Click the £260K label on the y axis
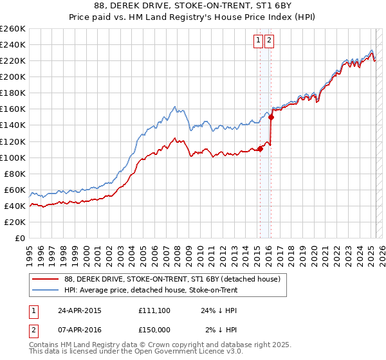click(13, 29)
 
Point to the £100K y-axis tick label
click(13, 157)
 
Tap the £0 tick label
click(21, 239)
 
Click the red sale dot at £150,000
click(271, 117)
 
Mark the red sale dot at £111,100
click(260, 148)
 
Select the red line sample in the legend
click(46, 280)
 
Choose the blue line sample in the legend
click(46, 290)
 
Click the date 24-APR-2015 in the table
click(80, 310)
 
